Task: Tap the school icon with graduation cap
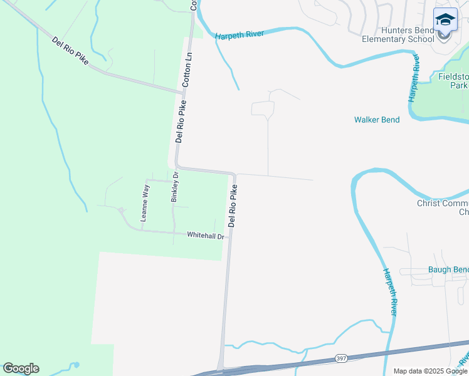[445, 20]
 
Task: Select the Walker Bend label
[376, 120]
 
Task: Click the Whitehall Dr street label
[206, 236]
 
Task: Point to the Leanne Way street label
[145, 202]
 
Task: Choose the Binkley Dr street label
[175, 187]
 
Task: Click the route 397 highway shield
[340, 358]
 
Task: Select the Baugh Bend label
[448, 270]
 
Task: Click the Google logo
[21, 368]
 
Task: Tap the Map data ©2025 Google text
[429, 371]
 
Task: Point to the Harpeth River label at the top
[239, 35]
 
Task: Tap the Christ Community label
[443, 207]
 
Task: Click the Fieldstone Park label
[453, 80]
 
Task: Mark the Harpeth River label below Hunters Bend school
[414, 78]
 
